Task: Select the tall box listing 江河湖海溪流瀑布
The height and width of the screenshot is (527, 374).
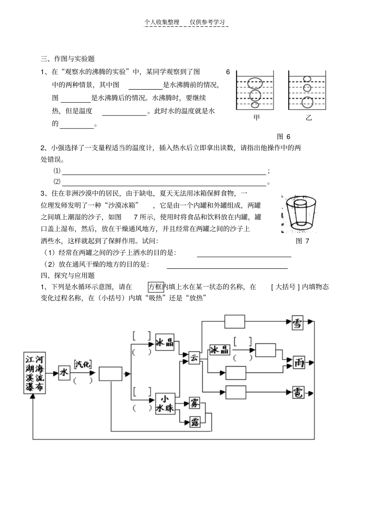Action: click(34, 373)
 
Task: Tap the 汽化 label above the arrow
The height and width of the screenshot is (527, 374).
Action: click(82, 364)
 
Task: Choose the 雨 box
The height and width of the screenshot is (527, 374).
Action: click(298, 362)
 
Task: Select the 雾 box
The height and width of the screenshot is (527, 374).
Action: click(194, 402)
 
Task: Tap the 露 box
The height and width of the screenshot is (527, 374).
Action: click(194, 422)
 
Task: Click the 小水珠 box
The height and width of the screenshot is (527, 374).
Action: click(165, 404)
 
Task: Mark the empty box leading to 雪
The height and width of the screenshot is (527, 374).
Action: click(235, 321)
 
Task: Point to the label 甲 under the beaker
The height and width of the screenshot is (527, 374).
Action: click(257, 118)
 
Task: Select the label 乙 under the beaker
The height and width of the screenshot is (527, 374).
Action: click(308, 118)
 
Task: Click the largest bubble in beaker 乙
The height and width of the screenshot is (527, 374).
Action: click(307, 102)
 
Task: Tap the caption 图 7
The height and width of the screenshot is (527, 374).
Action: click(302, 241)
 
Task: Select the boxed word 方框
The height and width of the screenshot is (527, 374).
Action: click(156, 286)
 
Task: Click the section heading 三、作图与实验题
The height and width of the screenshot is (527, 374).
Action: click(68, 59)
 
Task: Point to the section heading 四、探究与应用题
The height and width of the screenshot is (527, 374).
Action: click(68, 275)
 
